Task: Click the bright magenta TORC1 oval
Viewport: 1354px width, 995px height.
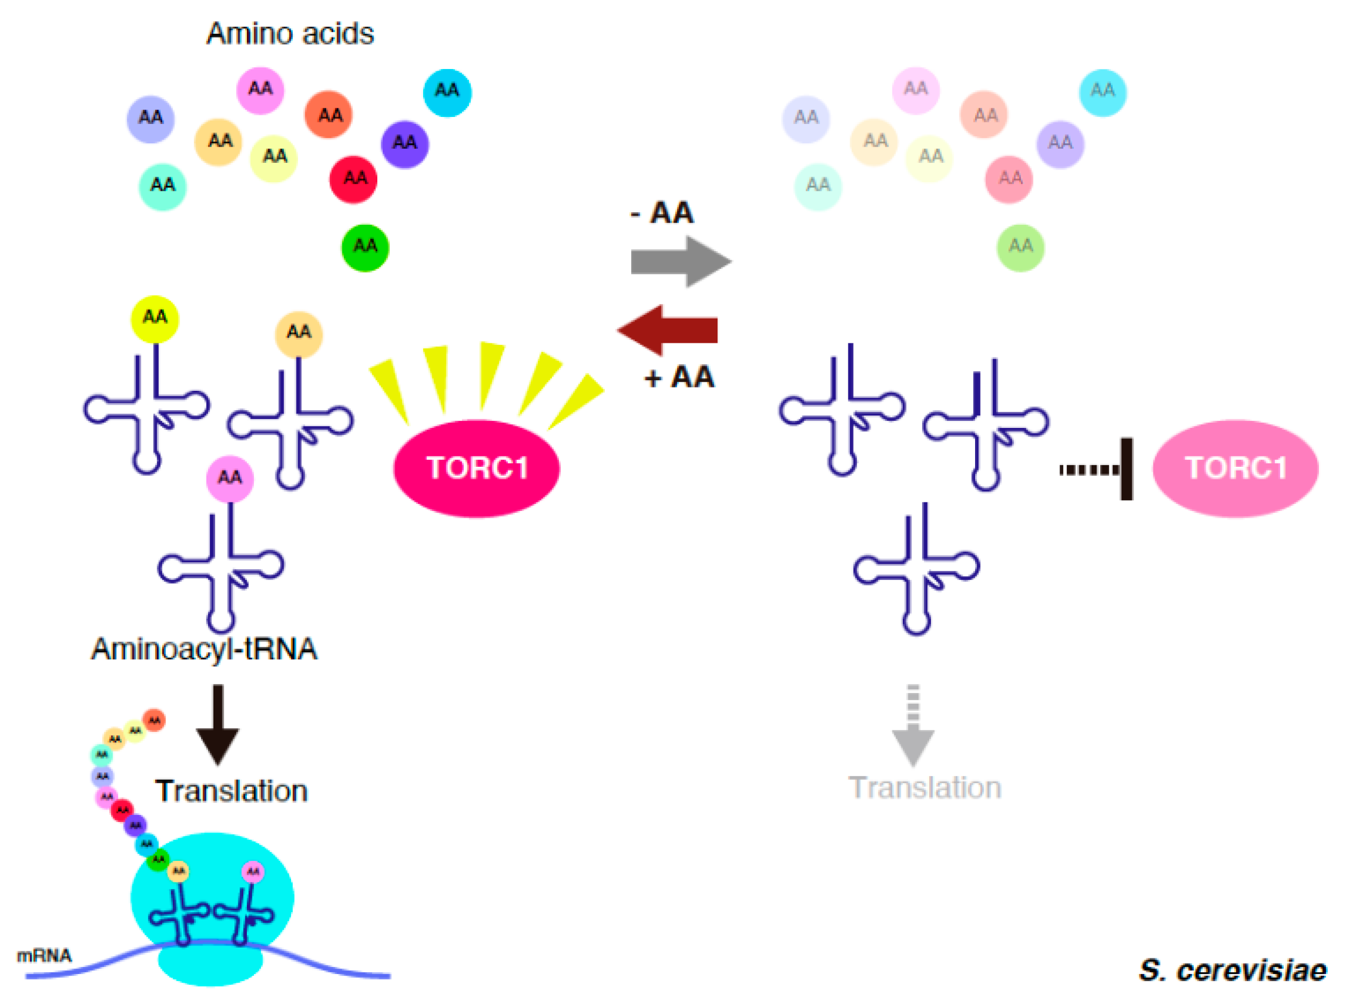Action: pyautogui.click(x=476, y=468)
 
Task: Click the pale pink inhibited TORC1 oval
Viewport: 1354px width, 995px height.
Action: pyautogui.click(x=1235, y=468)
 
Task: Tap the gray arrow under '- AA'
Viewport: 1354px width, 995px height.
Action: pyautogui.click(x=681, y=261)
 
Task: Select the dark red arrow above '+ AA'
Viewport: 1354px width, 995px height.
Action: pyautogui.click(x=667, y=330)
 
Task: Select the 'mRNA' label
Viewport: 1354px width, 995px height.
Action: pyautogui.click(x=44, y=955)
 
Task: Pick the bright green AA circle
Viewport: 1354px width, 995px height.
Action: pyautogui.click(x=365, y=247)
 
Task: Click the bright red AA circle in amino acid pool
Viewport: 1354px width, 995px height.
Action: pyautogui.click(x=354, y=179)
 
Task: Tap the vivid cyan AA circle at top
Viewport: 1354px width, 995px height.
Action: pyautogui.click(x=447, y=92)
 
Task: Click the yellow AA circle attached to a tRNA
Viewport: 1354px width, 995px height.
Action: pyautogui.click(x=155, y=319)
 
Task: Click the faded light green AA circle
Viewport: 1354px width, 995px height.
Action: pyautogui.click(x=1020, y=247)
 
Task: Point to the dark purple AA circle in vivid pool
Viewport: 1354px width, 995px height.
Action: pyautogui.click(x=405, y=144)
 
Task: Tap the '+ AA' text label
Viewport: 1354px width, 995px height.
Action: pyautogui.click(x=679, y=378)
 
